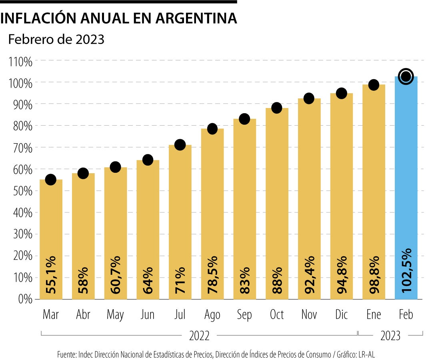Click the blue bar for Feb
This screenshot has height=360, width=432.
point(406,188)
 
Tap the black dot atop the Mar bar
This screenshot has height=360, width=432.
point(51,180)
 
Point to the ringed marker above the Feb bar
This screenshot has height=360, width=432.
point(406,76)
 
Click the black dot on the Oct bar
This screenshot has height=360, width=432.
point(277,108)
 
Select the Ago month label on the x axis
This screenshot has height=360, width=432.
point(212,315)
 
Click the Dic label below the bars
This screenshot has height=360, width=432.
point(341,315)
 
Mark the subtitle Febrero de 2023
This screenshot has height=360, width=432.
point(56,40)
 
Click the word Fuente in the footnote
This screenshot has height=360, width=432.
point(66,354)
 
